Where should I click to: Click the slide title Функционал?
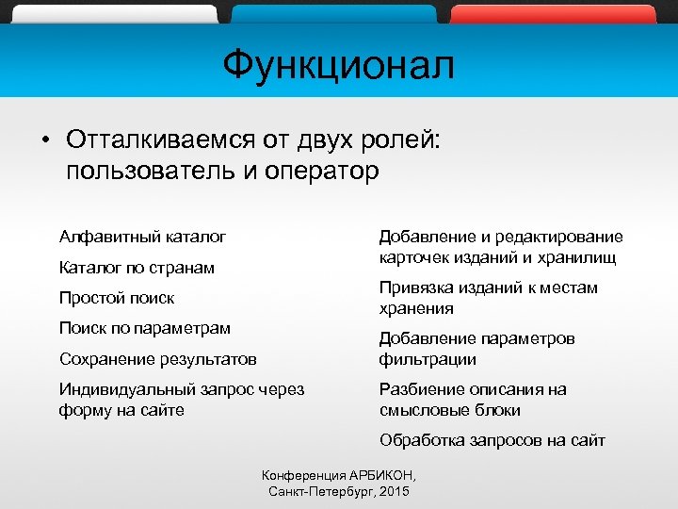tap(338, 66)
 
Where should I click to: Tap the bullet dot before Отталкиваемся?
tap(45, 140)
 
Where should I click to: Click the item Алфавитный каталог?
tap(142, 237)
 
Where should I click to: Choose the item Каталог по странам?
tap(137, 268)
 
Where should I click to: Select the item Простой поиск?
tap(117, 298)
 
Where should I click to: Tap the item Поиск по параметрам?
tap(144, 328)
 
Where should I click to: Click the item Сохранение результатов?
tap(157, 359)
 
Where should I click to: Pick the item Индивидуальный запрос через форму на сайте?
tap(181, 400)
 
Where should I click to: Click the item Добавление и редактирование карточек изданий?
tap(500, 247)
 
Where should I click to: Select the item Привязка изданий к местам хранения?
tap(488, 298)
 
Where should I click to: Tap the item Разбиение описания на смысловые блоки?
tap(472, 400)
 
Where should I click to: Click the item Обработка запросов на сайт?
tap(492, 440)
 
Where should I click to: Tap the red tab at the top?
tap(553, 13)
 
